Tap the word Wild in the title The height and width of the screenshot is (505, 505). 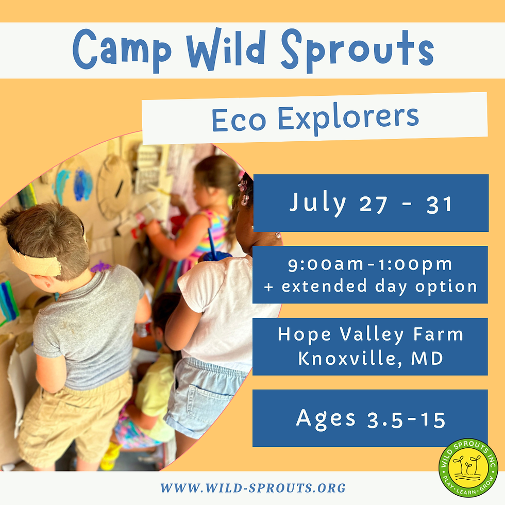pyautogui.click(x=226, y=48)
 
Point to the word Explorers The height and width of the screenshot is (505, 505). pyautogui.click(x=348, y=118)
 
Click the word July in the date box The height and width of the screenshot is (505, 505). pyautogui.click(x=317, y=203)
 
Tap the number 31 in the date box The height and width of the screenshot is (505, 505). pyautogui.click(x=439, y=204)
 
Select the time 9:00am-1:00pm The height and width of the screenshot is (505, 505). pyautogui.click(x=370, y=265)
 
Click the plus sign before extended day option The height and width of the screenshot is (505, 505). pyautogui.click(x=268, y=287)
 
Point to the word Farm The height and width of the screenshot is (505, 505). pyautogui.click(x=439, y=334)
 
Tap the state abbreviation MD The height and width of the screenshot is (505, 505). pyautogui.click(x=427, y=358)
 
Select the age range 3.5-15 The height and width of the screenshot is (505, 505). pyautogui.click(x=407, y=419)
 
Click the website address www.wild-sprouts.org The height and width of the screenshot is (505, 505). pyautogui.click(x=253, y=488)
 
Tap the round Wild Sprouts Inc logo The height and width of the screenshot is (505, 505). pyautogui.click(x=468, y=468)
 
